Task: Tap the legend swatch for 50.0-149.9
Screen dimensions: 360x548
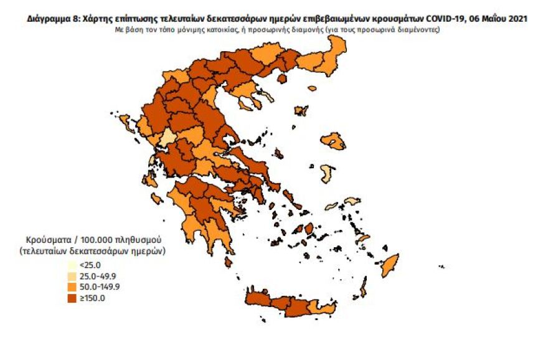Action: (x=72, y=287)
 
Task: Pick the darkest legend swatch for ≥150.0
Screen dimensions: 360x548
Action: (x=72, y=298)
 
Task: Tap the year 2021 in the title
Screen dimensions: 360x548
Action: (x=517, y=19)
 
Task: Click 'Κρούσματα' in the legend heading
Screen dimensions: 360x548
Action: (x=47, y=240)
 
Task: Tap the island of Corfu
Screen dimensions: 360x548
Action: (x=124, y=120)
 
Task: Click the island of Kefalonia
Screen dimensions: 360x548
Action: (x=150, y=180)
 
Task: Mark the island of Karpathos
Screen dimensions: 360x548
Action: (x=364, y=288)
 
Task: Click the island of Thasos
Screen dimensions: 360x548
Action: (x=282, y=78)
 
